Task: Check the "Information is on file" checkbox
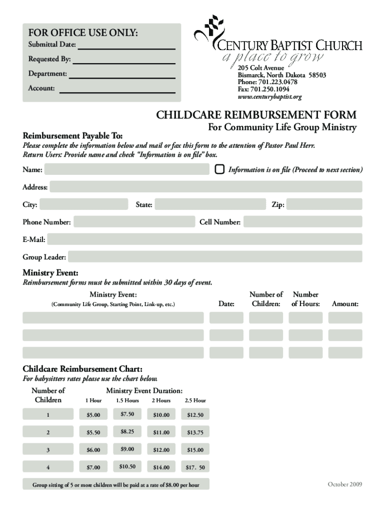[219, 169]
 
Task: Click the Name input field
[126, 170]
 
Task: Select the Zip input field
[324, 204]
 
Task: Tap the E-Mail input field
[204, 239]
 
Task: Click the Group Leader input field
[215, 257]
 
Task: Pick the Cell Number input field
[302, 222]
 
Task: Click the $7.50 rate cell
[127, 414]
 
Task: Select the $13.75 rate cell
[195, 432]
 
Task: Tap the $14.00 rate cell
[161, 467]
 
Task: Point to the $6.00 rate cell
[93, 450]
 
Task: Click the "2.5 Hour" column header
[195, 400]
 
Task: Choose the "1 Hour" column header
[93, 400]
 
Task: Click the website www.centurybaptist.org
[270, 97]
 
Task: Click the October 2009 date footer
[344, 484]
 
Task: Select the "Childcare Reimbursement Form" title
[256, 115]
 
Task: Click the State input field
[210, 204]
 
